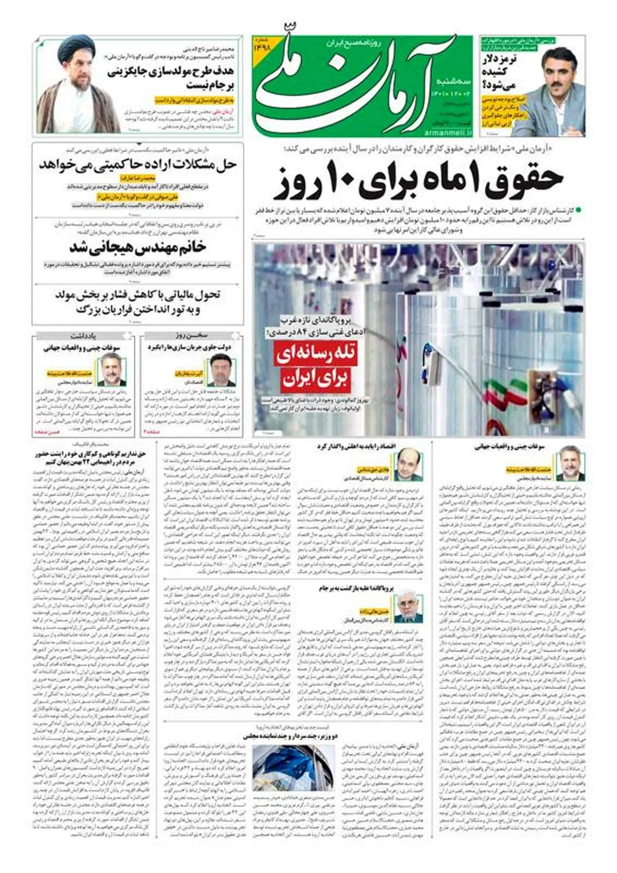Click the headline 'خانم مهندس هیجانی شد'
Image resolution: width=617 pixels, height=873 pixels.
coord(137,247)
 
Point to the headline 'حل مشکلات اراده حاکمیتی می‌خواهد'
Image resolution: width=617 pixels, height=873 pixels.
coord(137,165)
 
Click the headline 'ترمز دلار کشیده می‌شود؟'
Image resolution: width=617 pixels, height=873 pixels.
coord(499,72)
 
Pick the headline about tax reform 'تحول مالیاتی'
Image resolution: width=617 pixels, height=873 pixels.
coord(137,302)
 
